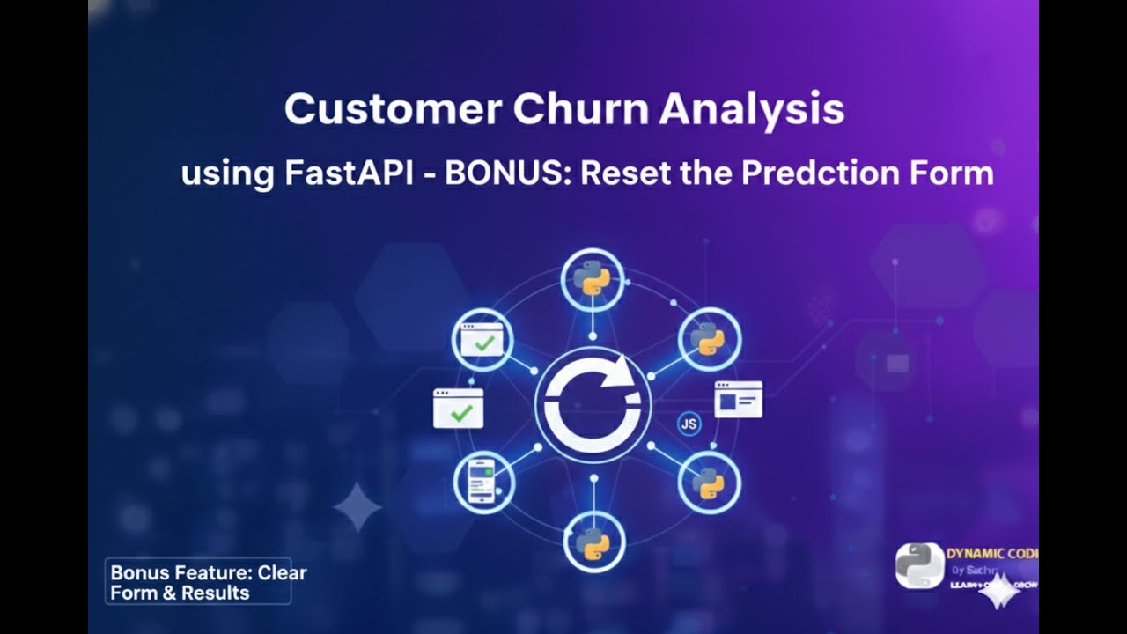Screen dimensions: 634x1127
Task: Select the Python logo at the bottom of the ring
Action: (593, 542)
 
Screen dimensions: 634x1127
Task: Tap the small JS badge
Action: (689, 424)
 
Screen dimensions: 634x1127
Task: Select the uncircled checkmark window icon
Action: (458, 409)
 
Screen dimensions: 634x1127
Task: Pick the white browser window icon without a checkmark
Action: (738, 399)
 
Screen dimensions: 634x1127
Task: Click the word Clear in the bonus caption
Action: (283, 572)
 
